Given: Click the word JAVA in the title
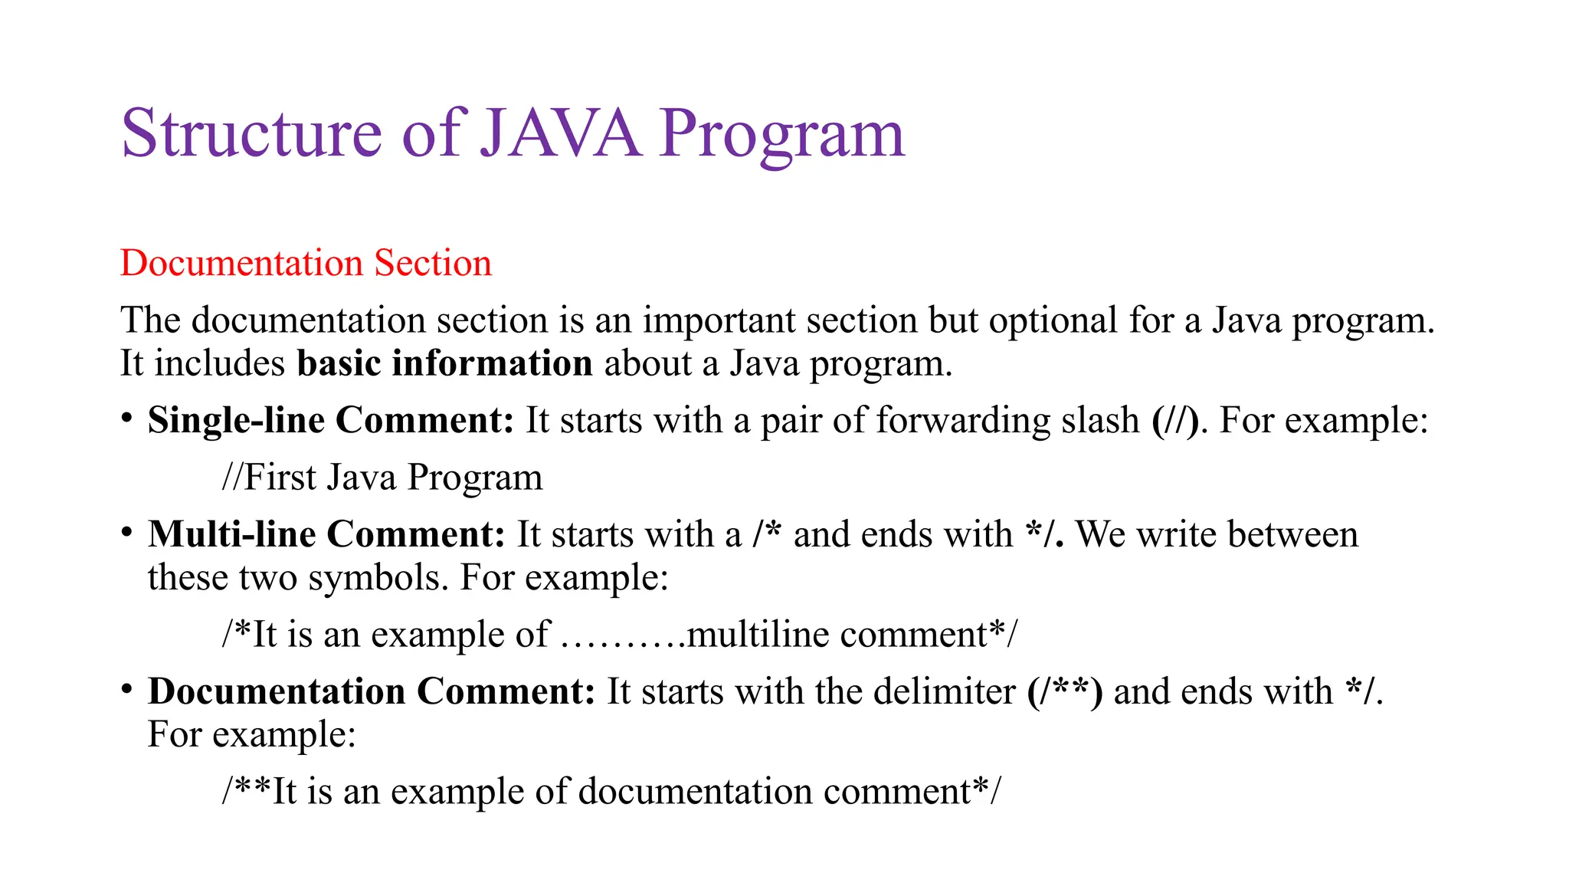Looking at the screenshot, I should click(560, 133).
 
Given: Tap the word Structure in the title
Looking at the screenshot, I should click(251, 133).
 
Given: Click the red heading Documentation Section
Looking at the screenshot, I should click(306, 263).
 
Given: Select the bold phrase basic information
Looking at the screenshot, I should click(444, 363).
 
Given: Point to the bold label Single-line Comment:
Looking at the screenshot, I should click(330, 420).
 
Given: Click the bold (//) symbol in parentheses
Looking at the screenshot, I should click(1175, 421).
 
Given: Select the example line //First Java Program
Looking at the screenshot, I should click(382, 477).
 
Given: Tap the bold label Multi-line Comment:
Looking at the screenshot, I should click(326, 534).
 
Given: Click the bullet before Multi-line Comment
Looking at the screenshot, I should click(126, 531).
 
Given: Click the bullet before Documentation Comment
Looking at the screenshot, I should click(126, 688).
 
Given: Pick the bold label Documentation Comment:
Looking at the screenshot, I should click(372, 691).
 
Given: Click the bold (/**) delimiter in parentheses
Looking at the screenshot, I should click(1065, 692).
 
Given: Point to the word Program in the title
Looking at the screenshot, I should click(781, 135).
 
